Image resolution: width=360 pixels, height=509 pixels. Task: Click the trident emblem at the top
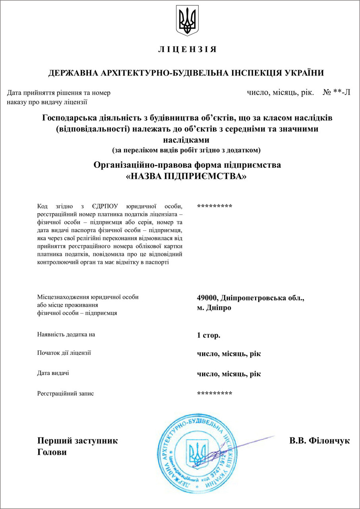pyautogui.click(x=187, y=21)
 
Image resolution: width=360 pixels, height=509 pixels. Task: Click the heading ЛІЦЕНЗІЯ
pyautogui.click(x=187, y=50)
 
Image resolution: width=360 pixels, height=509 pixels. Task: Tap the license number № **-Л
pyautogui.click(x=336, y=93)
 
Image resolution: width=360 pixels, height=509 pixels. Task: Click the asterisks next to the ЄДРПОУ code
pyautogui.click(x=215, y=206)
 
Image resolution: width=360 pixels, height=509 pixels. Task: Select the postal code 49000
pyautogui.click(x=207, y=297)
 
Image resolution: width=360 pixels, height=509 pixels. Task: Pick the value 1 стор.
pyautogui.click(x=208, y=335)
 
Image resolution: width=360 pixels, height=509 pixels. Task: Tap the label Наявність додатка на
pyautogui.click(x=66, y=334)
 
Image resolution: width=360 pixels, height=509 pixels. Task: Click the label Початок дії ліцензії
pyautogui.click(x=64, y=353)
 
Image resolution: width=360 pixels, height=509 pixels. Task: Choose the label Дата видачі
pyautogui.click(x=53, y=373)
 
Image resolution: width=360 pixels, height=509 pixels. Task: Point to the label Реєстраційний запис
pyautogui.click(x=66, y=393)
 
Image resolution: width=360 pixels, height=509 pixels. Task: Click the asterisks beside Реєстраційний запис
pyautogui.click(x=215, y=393)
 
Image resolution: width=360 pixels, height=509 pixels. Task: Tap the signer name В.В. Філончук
pyautogui.click(x=319, y=441)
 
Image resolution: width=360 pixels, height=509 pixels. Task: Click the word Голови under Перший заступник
pyautogui.click(x=52, y=452)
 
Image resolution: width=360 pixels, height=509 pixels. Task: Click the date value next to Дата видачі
pyautogui.click(x=229, y=374)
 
